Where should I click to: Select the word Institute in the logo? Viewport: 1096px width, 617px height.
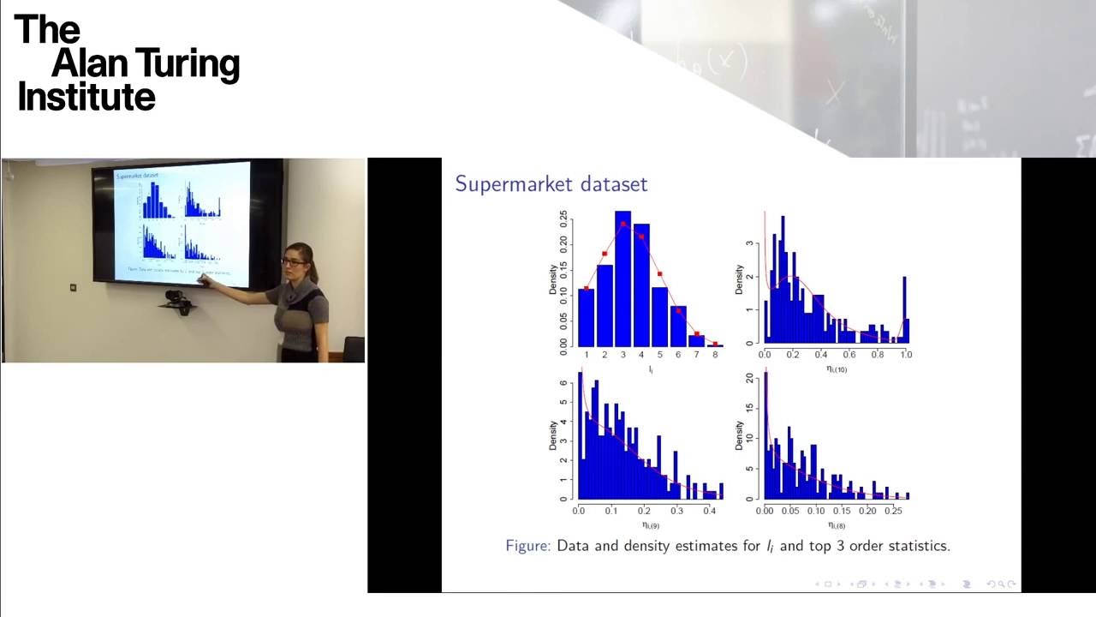point(86,97)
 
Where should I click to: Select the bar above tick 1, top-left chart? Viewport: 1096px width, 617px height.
point(587,317)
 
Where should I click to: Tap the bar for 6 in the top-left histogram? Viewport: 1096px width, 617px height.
point(678,326)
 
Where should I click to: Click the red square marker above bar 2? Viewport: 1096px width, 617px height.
point(605,254)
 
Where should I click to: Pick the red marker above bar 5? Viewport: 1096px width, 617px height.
point(660,274)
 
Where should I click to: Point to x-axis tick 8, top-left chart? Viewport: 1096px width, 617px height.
point(715,354)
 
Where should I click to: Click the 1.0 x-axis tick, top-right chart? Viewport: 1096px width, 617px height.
point(906,354)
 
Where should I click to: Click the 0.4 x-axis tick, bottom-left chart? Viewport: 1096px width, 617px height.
point(709,511)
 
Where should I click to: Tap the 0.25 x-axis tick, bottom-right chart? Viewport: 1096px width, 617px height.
point(893,511)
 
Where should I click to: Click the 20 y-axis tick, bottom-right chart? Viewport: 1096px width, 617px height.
point(750,377)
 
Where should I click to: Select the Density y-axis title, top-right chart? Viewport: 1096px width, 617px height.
point(739,280)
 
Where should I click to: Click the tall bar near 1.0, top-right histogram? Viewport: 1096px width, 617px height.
point(904,308)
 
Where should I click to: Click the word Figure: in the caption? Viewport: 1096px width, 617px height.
point(527,546)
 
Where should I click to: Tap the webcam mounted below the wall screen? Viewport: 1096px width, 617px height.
point(176,297)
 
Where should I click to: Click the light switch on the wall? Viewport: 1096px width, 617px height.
point(73,287)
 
